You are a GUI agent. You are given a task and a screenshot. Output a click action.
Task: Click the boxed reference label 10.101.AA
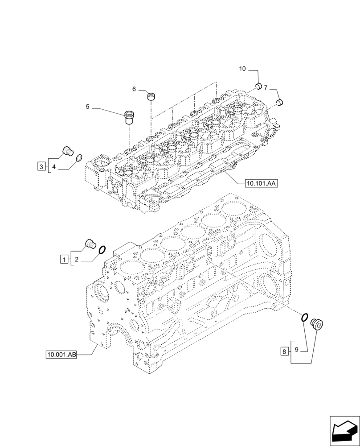[261, 183]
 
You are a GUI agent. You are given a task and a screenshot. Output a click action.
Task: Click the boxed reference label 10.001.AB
[61, 355]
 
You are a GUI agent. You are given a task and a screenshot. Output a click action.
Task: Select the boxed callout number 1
[65, 259]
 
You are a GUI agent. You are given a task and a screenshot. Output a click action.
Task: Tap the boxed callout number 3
[41, 167]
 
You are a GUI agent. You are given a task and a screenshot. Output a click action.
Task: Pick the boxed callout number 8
[284, 351]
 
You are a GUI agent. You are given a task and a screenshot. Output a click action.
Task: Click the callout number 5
[88, 107]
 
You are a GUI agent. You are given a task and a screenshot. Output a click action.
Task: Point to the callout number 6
[134, 89]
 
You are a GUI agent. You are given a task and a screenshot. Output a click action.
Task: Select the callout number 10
[242, 69]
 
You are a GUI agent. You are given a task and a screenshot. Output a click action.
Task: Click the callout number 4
[53, 167]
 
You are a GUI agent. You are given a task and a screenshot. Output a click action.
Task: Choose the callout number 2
[77, 259]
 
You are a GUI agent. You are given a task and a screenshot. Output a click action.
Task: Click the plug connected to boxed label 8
[318, 324]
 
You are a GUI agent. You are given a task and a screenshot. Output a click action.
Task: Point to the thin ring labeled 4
[79, 157]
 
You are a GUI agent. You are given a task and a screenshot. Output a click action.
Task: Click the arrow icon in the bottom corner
[344, 430]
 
